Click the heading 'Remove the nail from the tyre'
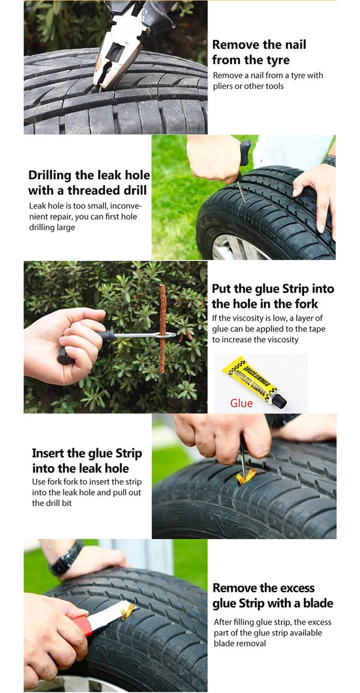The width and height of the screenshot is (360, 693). point(259,52)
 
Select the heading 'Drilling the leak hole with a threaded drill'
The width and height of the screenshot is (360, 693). point(89,183)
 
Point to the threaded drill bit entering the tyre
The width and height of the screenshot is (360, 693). point(241,190)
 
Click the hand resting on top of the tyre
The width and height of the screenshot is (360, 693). point(317,192)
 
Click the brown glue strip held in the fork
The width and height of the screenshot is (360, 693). point(163,328)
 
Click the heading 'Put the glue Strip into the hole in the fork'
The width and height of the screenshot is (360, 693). point(272,296)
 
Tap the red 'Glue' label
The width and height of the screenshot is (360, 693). point(241,403)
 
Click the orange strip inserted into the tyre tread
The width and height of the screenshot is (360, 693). point(246,477)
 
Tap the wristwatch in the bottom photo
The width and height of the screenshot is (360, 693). point(67,557)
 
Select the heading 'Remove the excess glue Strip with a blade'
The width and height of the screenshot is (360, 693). point(272,595)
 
